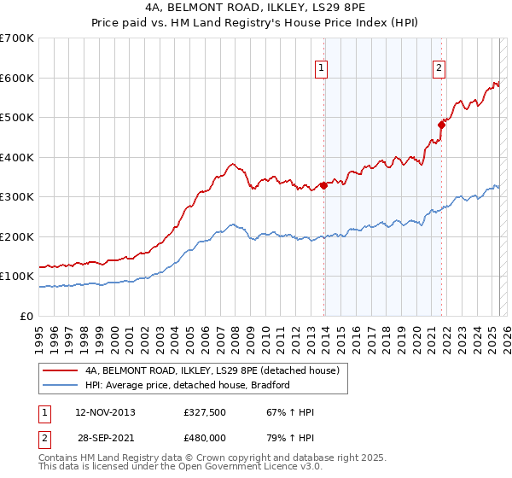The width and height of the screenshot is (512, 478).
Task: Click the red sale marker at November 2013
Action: pyautogui.click(x=324, y=185)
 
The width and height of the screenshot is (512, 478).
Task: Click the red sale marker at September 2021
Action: pyautogui.click(x=442, y=125)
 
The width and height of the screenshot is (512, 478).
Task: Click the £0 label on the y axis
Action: pyautogui.click(x=28, y=316)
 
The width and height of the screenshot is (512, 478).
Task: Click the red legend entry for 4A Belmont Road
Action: pyautogui.click(x=212, y=371)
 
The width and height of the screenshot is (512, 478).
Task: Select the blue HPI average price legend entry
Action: pyautogui.click(x=188, y=385)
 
